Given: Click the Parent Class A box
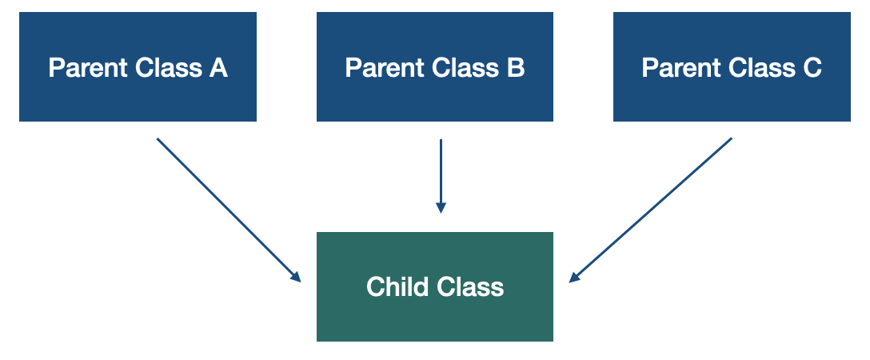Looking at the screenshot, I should (x=138, y=67).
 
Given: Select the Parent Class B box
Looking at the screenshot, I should (x=434, y=67).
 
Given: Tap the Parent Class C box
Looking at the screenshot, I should (x=732, y=67).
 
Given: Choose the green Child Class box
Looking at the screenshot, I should (x=434, y=286).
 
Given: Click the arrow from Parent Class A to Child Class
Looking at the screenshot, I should (x=228, y=210).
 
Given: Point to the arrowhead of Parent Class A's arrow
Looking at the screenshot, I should (x=296, y=278).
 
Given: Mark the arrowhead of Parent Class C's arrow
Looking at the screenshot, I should (x=573, y=278).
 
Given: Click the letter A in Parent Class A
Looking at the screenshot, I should (x=218, y=68).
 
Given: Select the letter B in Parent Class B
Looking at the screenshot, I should (x=516, y=68).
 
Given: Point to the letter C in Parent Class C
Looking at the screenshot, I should (x=812, y=68).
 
